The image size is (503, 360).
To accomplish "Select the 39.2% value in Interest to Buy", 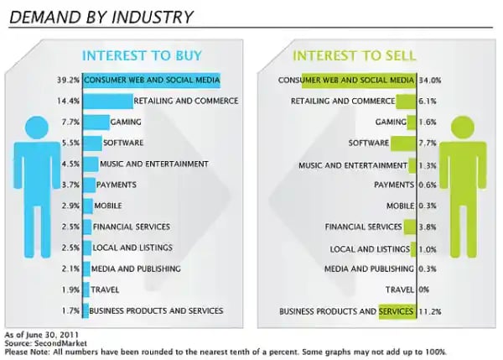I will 69,81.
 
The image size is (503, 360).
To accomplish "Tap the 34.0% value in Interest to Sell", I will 430,81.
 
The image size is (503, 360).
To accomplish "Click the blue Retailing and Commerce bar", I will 108,102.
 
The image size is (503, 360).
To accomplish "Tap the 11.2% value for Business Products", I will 430,311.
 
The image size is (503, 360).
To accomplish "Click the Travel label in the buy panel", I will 104,290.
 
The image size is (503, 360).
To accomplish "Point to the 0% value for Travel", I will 425,290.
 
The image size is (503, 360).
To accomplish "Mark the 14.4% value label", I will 69,102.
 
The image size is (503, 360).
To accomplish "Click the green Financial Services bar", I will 409,227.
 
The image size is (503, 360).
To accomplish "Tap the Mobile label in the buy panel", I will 106,206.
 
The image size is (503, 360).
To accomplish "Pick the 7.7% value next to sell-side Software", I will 428,143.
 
